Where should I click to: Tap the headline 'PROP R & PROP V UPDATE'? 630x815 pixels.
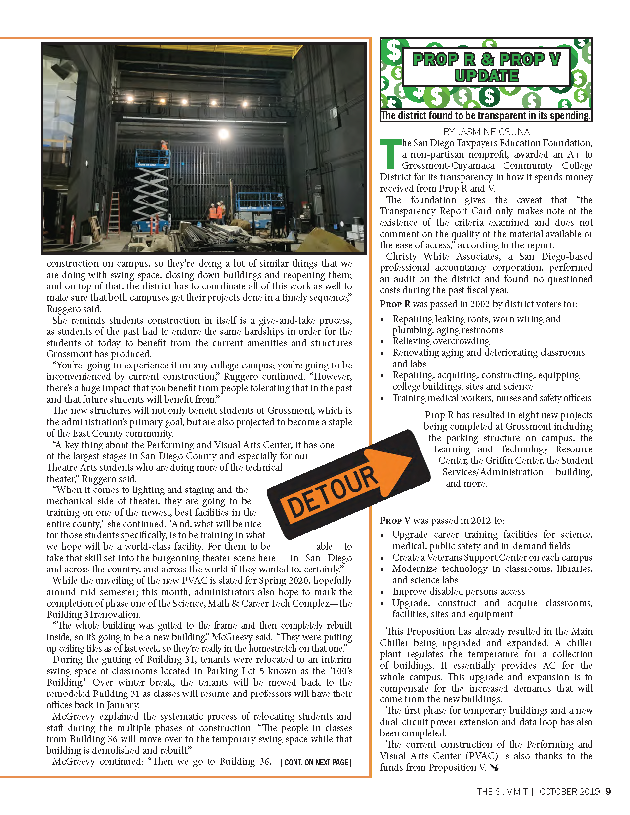coord(487,67)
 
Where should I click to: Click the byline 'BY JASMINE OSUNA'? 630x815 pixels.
coord(486,132)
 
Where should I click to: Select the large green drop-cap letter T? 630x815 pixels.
coord(390,154)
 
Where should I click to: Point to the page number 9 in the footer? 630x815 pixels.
coord(608,791)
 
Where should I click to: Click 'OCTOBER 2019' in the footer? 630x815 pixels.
coord(569,791)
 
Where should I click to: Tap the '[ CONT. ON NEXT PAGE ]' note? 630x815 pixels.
coord(316,762)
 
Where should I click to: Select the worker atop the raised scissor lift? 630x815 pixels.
coord(163,146)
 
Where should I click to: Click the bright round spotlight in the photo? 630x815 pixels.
coord(223,133)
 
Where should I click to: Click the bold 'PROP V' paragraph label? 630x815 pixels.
coord(395,520)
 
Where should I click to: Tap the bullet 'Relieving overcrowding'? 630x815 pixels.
coord(441,341)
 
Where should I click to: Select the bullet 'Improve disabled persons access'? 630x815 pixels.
coord(458,591)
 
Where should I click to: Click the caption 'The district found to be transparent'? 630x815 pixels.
coord(486,116)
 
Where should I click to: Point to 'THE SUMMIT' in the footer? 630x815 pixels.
coord(502,791)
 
